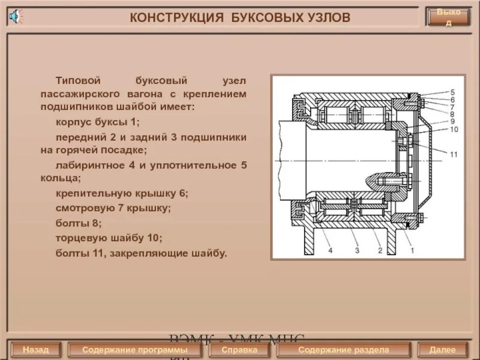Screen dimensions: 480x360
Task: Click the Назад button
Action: pyautogui.click(x=35, y=349)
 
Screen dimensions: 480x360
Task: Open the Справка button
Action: pyautogui.click(x=239, y=349)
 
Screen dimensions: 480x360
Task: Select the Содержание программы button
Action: pyautogui.click(x=134, y=349)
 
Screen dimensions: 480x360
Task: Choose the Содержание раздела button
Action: pyautogui.click(x=343, y=349)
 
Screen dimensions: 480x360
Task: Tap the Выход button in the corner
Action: pyautogui.click(x=448, y=17)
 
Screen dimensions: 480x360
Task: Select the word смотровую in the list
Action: pyautogui.click(x=80, y=208)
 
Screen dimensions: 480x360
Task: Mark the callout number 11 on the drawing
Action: pyautogui.click(x=454, y=154)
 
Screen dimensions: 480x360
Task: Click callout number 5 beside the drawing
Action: pyautogui.click(x=452, y=92)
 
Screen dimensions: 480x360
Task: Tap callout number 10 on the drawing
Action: pyautogui.click(x=454, y=129)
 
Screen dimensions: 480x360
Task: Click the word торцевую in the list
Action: pyautogui.click(x=79, y=238)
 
